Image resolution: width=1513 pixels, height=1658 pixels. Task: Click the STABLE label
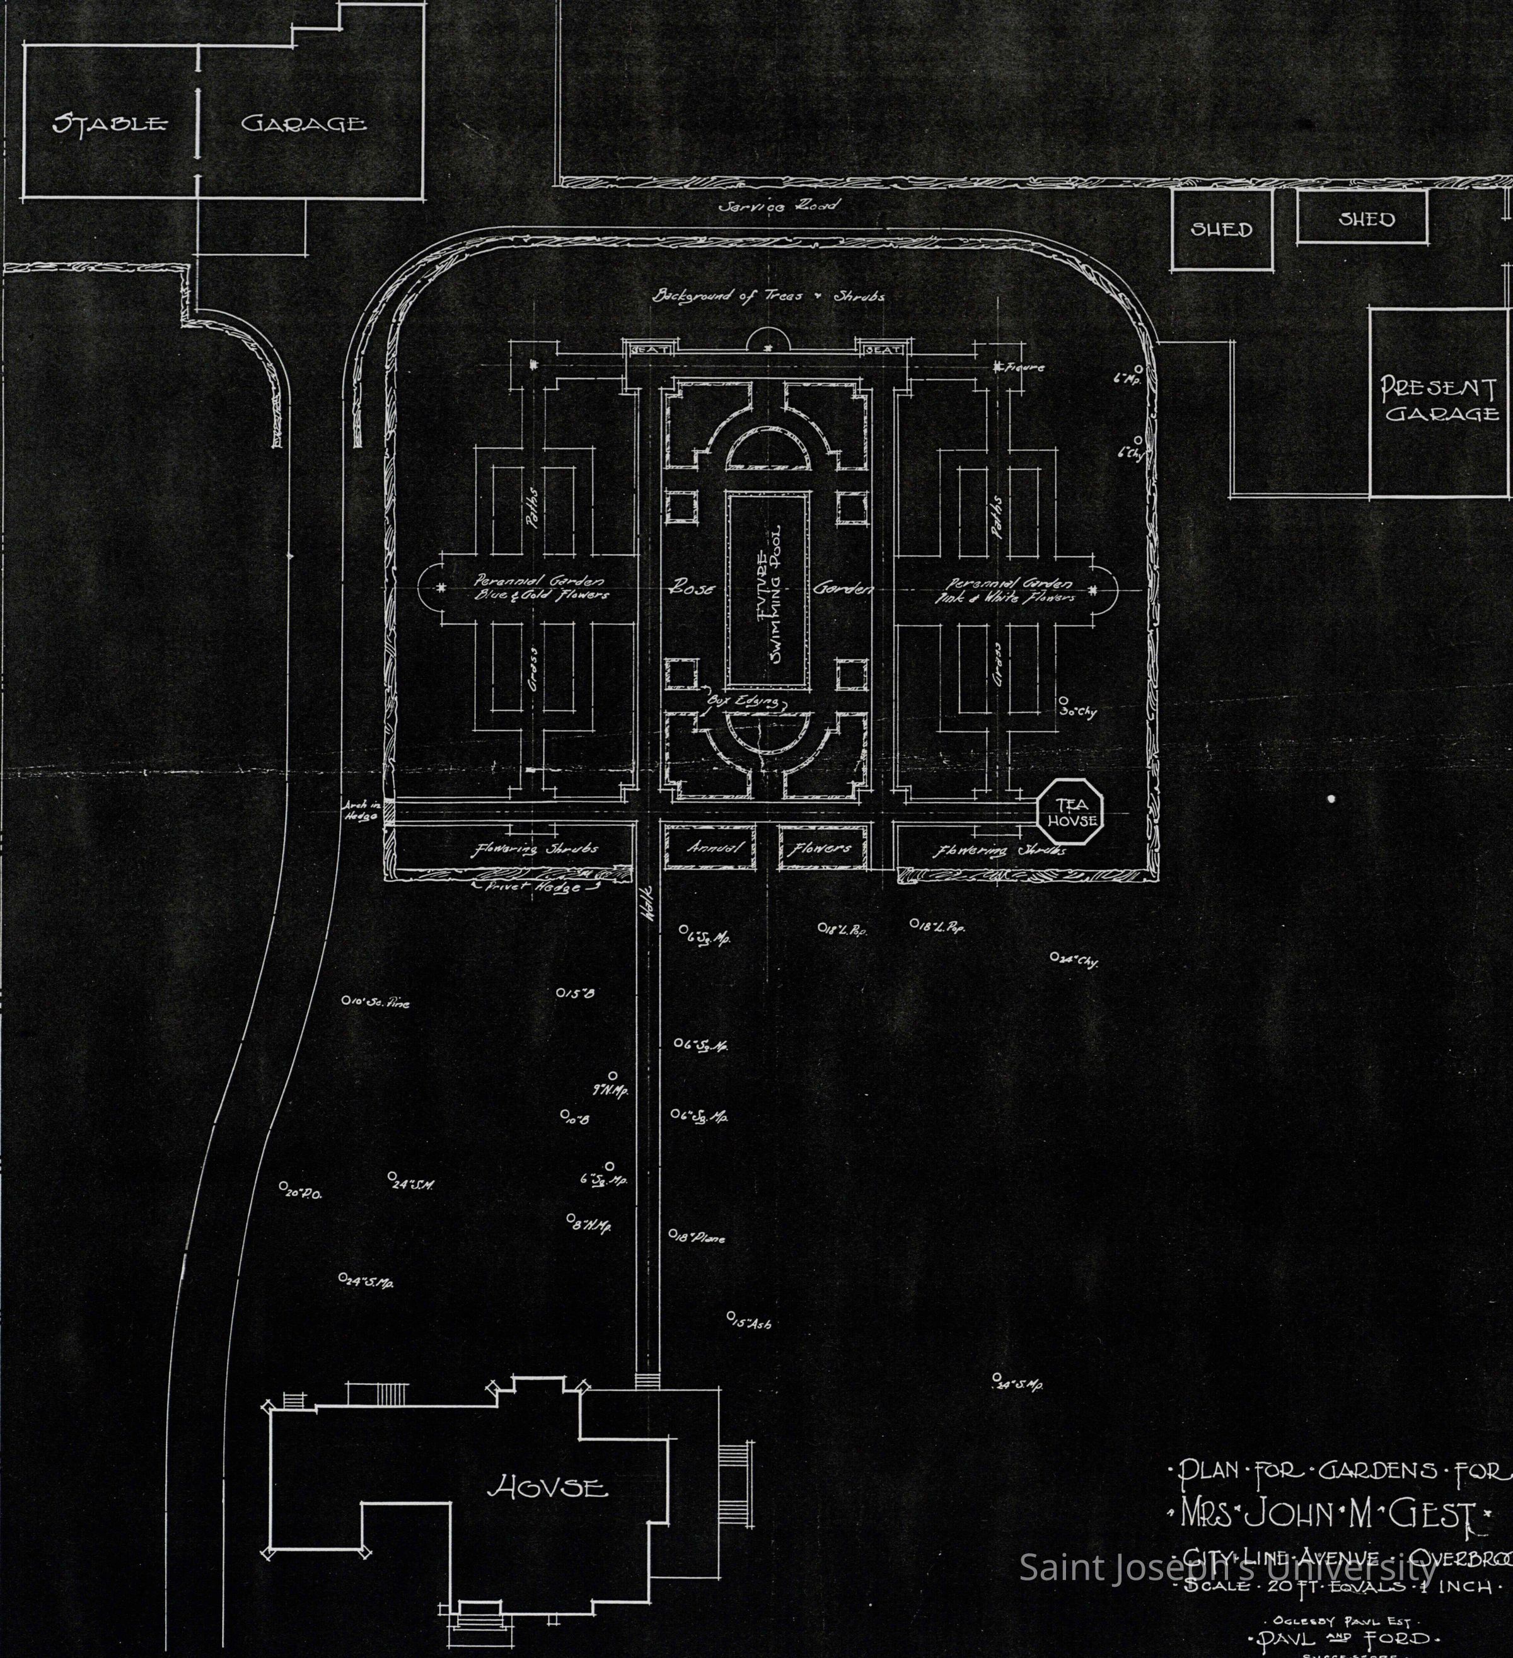108,124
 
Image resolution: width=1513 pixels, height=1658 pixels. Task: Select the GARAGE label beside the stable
303,124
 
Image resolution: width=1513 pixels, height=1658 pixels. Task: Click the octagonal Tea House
1070,812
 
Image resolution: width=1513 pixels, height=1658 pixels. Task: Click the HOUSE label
548,1488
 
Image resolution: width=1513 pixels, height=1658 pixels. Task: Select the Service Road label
777,206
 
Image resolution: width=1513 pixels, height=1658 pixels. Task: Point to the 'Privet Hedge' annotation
536,888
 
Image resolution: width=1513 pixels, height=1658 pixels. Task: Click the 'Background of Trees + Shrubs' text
768,296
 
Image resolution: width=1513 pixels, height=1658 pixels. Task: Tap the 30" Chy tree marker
1077,710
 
